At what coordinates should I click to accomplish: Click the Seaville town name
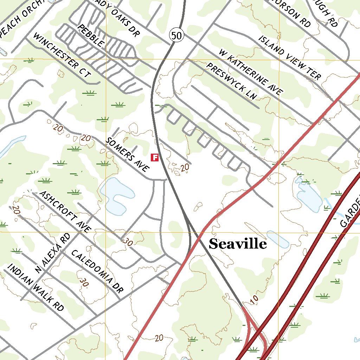click(x=238, y=244)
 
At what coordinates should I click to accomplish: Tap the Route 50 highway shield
click(x=177, y=35)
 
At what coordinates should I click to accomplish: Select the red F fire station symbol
click(x=154, y=157)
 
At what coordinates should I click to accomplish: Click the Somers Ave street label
click(x=127, y=154)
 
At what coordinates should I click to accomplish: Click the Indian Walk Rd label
click(x=36, y=287)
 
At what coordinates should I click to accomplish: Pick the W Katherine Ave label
click(x=250, y=72)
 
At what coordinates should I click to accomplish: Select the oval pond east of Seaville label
click(x=278, y=239)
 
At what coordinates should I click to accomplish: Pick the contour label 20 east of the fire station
click(x=185, y=168)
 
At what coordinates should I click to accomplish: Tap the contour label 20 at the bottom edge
click(x=159, y=338)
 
